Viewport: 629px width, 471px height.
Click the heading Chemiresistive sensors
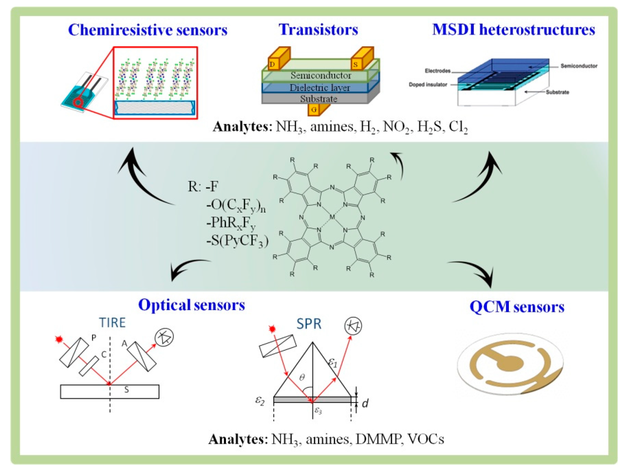(x=148, y=30)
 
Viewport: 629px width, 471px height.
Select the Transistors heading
(x=318, y=30)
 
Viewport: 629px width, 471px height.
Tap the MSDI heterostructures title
(x=514, y=30)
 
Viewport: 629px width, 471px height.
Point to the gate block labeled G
(x=314, y=109)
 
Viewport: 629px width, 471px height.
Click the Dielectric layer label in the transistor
(x=320, y=87)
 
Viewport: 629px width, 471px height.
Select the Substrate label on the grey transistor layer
(x=319, y=99)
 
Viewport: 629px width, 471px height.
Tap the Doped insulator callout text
(x=428, y=85)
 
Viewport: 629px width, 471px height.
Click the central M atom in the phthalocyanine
(x=332, y=217)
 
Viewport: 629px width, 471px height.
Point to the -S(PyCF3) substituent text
(x=237, y=241)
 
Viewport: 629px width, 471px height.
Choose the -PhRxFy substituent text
(x=231, y=223)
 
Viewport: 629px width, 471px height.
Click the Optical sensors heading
(x=191, y=305)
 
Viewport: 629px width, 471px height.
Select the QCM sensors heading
(x=517, y=307)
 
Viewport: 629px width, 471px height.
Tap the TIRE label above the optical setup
(x=112, y=323)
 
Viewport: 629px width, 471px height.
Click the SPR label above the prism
(x=309, y=324)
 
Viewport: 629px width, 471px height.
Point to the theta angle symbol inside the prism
(x=302, y=377)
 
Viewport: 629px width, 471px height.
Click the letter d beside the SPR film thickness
(x=365, y=403)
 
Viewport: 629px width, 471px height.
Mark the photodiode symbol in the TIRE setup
(x=164, y=337)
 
